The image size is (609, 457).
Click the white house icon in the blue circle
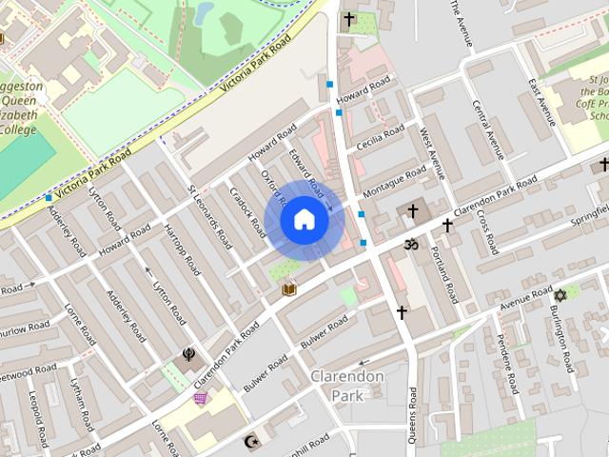pyautogui.click(x=304, y=220)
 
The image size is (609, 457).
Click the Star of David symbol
pyautogui.click(x=559, y=296)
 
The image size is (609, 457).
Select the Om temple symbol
pyautogui.click(x=412, y=245)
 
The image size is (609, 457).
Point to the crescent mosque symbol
pyautogui.click(x=252, y=442)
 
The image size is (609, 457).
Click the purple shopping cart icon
pyautogui.click(x=200, y=398)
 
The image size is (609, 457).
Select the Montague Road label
pyautogui.click(x=396, y=182)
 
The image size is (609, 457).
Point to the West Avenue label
pyautogui.click(x=432, y=152)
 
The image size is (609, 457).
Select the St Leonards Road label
pyautogui.click(x=208, y=217)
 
